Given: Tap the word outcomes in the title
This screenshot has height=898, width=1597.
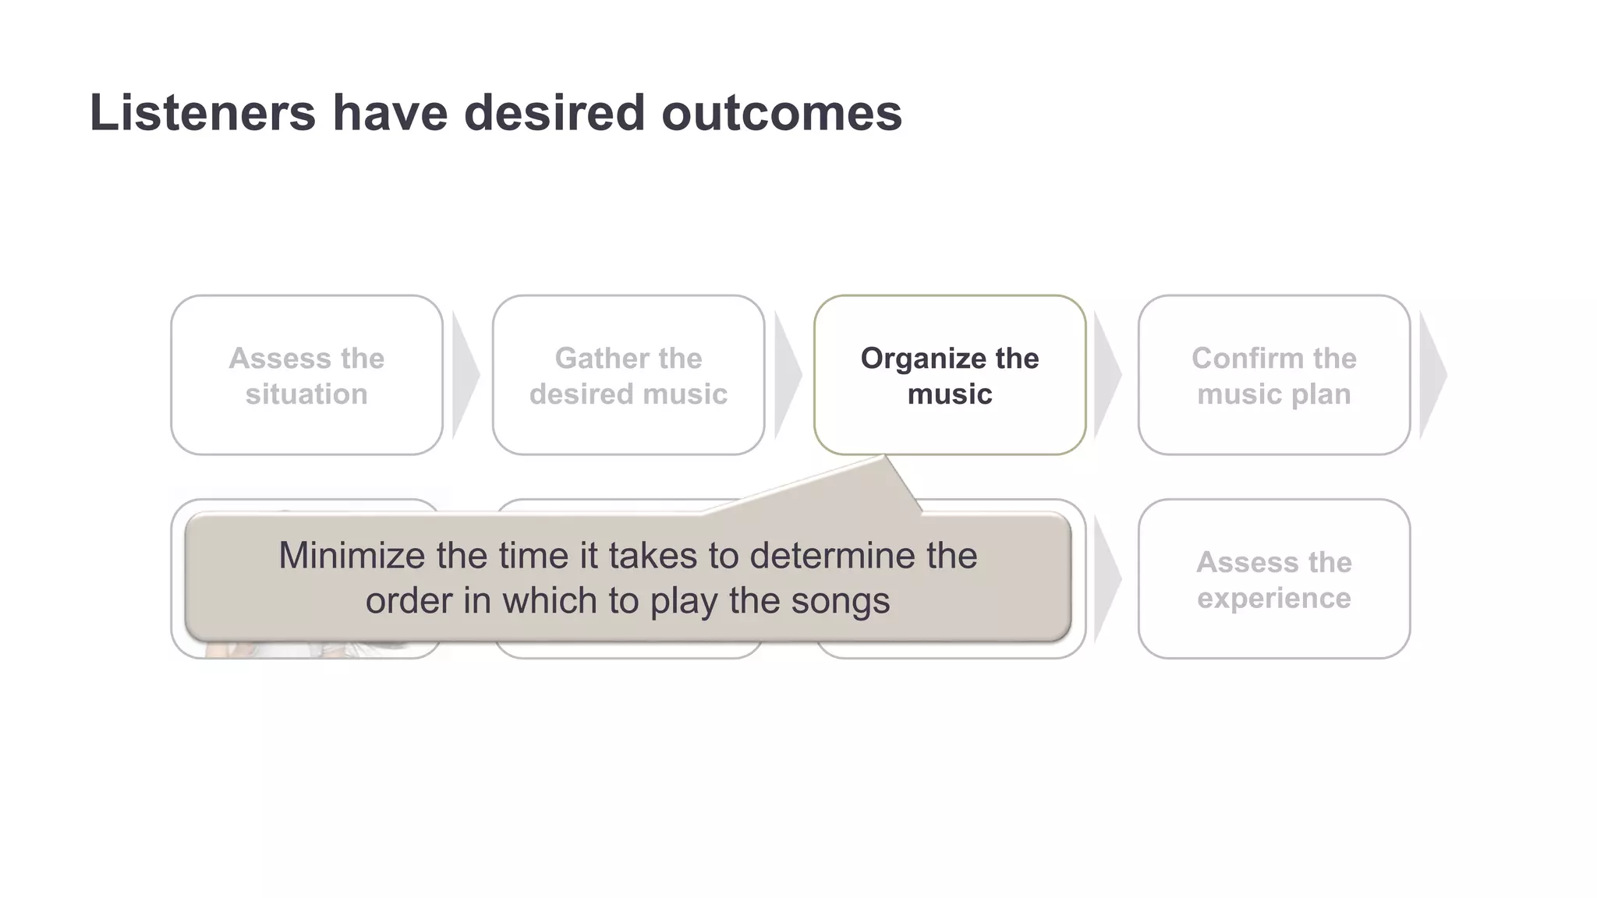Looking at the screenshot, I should tap(781, 113).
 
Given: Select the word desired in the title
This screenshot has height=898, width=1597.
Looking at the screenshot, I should tap(554, 113).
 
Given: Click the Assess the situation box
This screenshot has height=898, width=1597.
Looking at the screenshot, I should tap(306, 376).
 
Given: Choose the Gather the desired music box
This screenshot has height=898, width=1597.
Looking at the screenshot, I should tap(629, 376).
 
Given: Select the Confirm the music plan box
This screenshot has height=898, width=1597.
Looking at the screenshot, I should tap(1273, 376).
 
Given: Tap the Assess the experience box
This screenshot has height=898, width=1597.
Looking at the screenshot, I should tap(1273, 579).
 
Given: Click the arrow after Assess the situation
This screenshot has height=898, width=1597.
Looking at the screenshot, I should tap(465, 376).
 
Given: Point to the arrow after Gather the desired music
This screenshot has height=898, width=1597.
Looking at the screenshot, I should tap(787, 376).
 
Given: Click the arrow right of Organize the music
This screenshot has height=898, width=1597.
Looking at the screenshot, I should tap(1107, 376).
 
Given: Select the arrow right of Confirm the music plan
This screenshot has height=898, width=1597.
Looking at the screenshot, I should tap(1432, 376).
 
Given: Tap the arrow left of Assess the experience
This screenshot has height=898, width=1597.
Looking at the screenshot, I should tap(1107, 579).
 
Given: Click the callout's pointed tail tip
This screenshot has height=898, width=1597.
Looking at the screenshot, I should tap(885, 458).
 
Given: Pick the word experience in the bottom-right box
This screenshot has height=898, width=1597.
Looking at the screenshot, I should tap(1273, 598).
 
